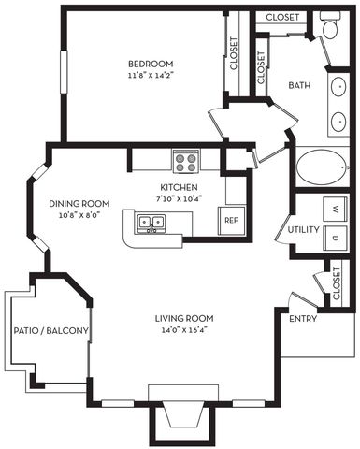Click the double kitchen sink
coord(151,223)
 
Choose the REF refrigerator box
coord(231,221)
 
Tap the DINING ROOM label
coord(80,203)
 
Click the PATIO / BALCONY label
coord(50,331)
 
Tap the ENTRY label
coord(302,319)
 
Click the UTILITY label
coord(305,229)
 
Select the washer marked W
coord(332,207)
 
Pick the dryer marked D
coord(332,239)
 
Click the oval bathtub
coord(322,169)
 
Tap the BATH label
coord(299,85)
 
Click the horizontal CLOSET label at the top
coord(282,17)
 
